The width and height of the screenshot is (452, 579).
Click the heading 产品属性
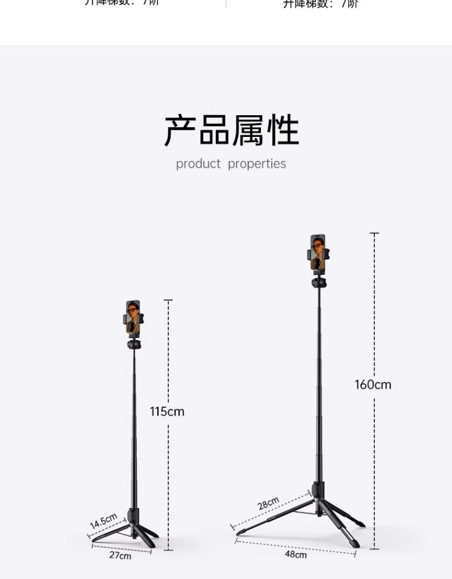tap(231, 130)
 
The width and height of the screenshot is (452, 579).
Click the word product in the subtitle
tap(198, 164)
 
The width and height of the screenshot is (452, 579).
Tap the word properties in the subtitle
tap(257, 164)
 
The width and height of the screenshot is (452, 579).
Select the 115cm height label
tap(167, 412)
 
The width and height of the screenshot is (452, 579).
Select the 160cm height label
tap(372, 385)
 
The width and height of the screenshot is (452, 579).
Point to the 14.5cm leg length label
tap(104, 520)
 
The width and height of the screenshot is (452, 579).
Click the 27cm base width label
tap(120, 555)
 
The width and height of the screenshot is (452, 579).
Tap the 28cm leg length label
tap(269, 504)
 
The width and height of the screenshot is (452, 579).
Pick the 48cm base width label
tap(295, 554)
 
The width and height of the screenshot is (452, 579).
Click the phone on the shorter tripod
tap(133, 317)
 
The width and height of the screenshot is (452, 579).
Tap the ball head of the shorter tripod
tap(134, 344)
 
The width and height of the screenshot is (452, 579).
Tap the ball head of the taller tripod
tap(319, 282)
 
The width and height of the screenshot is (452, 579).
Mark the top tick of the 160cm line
tap(374, 233)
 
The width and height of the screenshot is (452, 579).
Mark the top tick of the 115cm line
tap(168, 300)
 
